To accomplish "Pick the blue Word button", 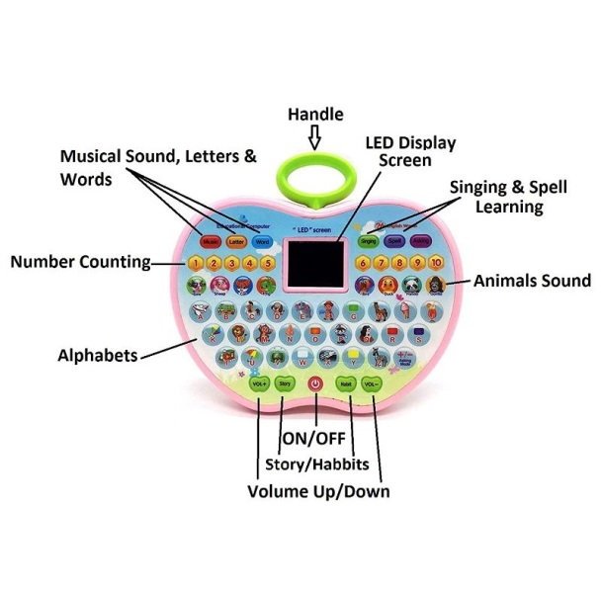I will [x=261, y=241].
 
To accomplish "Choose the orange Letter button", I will [x=235, y=241].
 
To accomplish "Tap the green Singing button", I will [x=370, y=240].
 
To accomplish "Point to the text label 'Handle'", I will [x=315, y=115].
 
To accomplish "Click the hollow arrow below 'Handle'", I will [x=315, y=137].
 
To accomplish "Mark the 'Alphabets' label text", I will [x=97, y=355].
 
